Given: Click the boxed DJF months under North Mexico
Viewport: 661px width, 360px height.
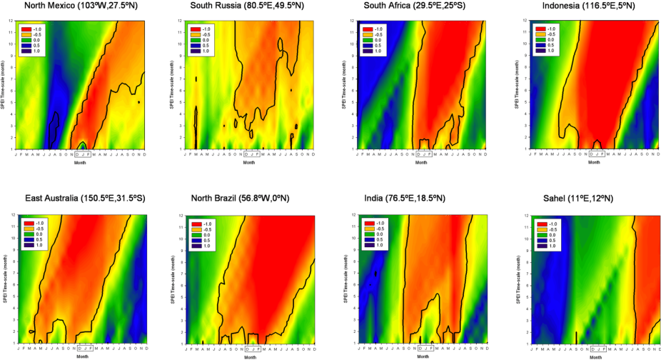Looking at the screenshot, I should [84, 154].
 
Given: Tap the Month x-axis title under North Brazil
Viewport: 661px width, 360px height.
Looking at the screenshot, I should [250, 356].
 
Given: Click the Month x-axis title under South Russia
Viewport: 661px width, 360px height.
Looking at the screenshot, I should [250, 161].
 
